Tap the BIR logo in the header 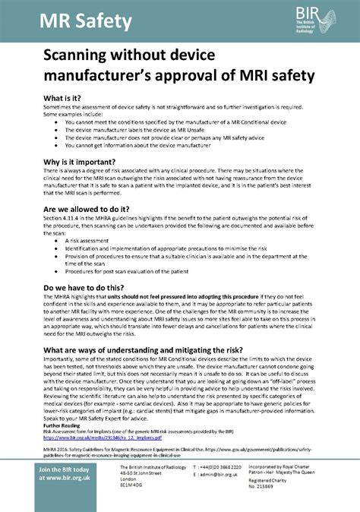coord(314,17)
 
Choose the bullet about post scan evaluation coord(128,272)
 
